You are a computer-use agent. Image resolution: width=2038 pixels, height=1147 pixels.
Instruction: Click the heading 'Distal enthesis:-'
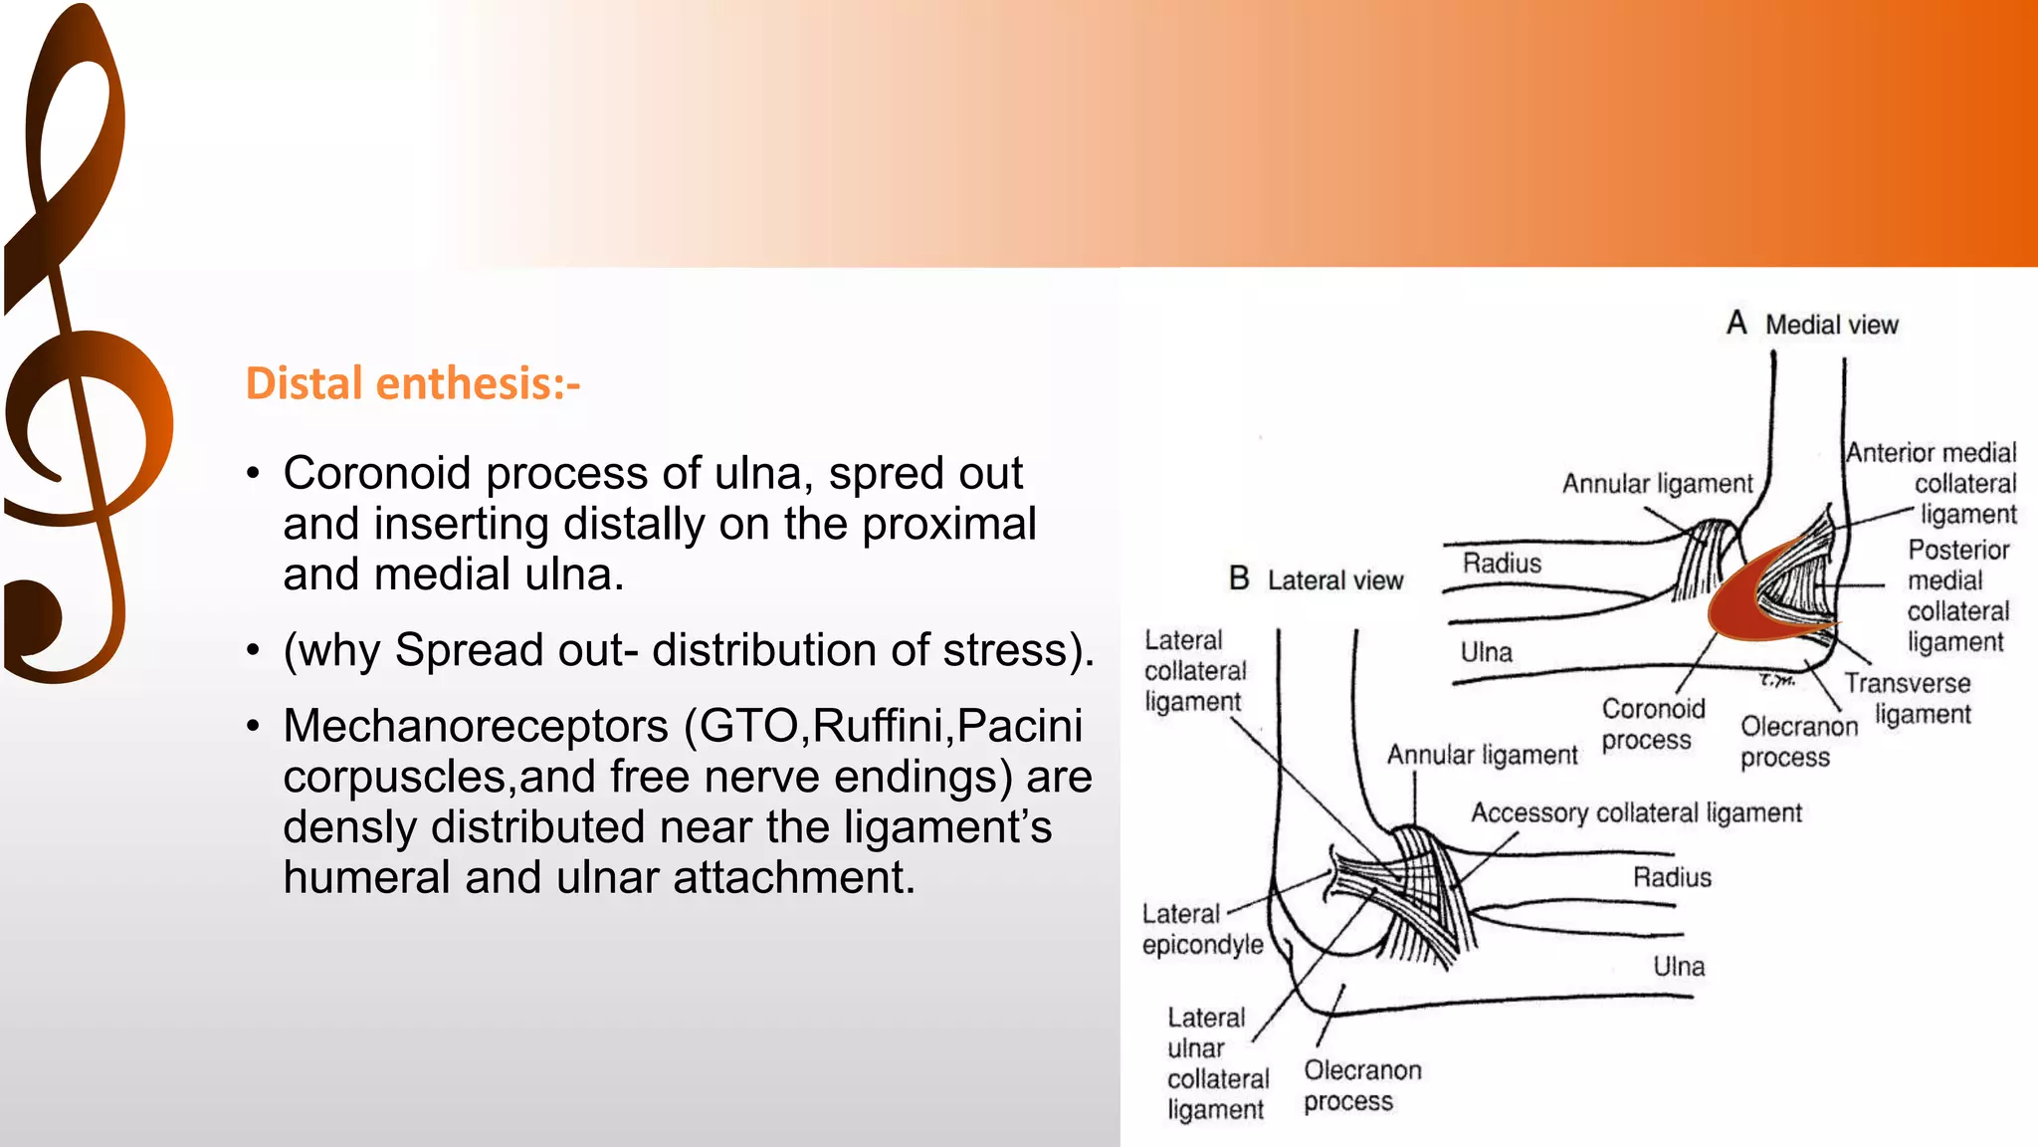[412, 383]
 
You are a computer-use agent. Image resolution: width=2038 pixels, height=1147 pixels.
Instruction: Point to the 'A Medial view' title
[1812, 325]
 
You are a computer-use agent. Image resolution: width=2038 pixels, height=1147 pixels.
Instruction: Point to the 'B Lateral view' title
[1316, 579]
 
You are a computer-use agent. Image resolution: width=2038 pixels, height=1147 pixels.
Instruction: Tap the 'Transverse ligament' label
[1908, 698]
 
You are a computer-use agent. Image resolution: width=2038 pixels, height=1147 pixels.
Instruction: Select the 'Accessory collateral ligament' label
[1636, 813]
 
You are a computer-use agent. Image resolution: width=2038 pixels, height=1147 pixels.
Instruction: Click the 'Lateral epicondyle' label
[1201, 929]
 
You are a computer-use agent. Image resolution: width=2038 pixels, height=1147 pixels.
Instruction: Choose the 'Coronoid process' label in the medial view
[1652, 724]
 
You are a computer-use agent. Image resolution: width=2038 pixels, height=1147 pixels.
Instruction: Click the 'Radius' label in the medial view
[1502, 564]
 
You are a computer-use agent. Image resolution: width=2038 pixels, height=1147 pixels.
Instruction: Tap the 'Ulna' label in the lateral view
[1679, 966]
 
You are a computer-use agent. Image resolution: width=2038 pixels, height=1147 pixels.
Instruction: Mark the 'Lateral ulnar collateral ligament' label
[1217, 1063]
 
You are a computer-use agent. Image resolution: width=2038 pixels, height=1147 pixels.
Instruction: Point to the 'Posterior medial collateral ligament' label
[1956, 595]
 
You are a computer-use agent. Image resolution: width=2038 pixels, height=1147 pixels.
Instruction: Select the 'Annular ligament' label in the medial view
[1657, 484]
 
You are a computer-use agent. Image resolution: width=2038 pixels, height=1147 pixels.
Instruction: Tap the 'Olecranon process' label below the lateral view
[1361, 1085]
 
